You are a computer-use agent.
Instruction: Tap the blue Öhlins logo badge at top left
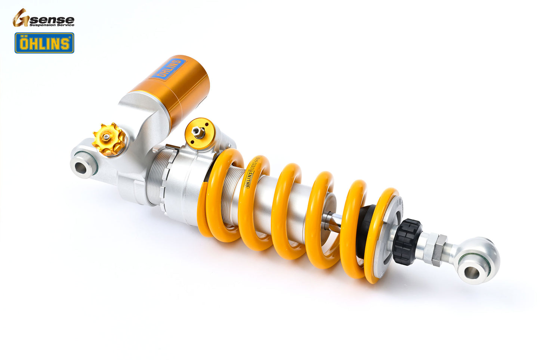(44, 43)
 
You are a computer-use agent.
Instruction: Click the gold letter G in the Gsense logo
(21, 18)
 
